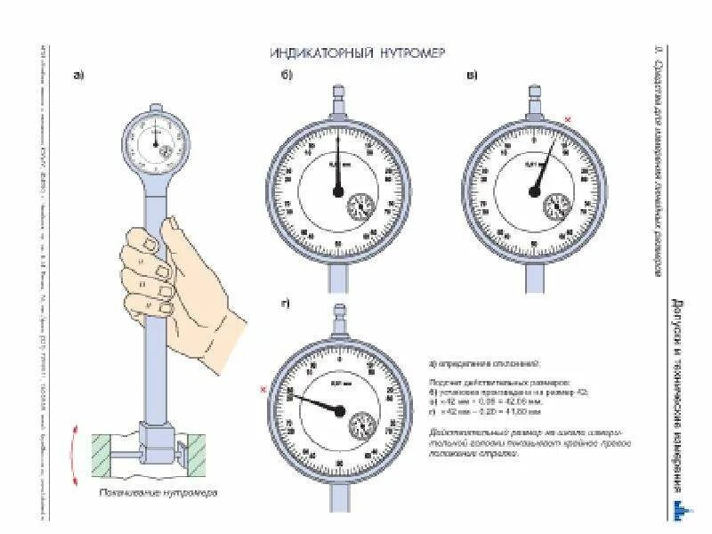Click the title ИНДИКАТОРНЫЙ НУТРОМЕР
pos(357,53)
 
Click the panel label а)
pos(78,76)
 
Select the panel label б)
pos(287,76)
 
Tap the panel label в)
pos(472,76)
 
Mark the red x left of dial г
pos(263,390)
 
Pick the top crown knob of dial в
pos(535,93)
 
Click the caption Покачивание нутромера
pos(170,492)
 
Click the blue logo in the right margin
pos(679,508)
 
